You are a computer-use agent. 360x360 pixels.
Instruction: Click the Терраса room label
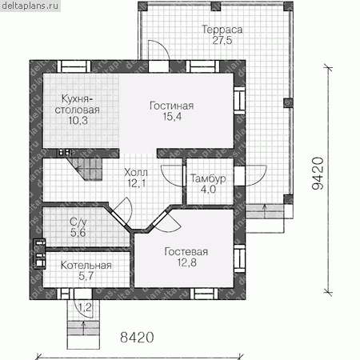pyautogui.click(x=222, y=30)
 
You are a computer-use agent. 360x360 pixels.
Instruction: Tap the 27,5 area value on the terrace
pyautogui.click(x=222, y=40)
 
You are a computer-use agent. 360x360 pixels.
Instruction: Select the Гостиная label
pyautogui.click(x=172, y=106)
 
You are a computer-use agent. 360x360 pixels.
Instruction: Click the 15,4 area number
pyautogui.click(x=172, y=117)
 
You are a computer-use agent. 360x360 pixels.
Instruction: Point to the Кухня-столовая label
pyautogui.click(x=78, y=104)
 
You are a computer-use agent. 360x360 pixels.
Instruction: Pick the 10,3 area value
pyautogui.click(x=78, y=121)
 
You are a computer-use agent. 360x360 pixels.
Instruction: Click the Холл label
pyautogui.click(x=136, y=173)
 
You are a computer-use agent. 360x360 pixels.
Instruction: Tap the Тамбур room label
pyautogui.click(x=208, y=178)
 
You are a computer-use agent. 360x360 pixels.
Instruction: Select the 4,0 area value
pyautogui.click(x=208, y=190)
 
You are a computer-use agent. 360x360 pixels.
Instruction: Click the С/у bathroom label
pyautogui.click(x=78, y=222)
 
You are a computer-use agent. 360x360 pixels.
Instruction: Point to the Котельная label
pyautogui.click(x=86, y=266)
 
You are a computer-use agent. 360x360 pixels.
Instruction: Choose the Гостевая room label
pyautogui.click(x=186, y=252)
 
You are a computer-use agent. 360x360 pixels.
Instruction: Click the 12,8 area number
pyautogui.click(x=187, y=262)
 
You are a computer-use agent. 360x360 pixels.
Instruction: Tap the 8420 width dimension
pyautogui.click(x=137, y=338)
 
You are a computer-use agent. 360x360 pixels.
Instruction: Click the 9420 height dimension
pyautogui.click(x=318, y=174)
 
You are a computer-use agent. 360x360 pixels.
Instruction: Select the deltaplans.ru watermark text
pyautogui.click(x=30, y=6)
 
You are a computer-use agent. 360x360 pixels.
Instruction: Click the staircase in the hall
pyautogui.click(x=85, y=169)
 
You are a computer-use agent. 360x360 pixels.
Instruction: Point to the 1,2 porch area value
pyautogui.click(x=86, y=307)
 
